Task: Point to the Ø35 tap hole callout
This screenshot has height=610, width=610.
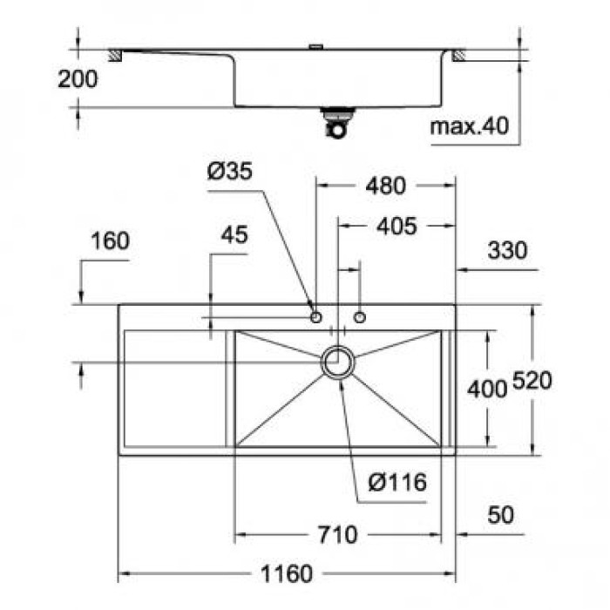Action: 230,172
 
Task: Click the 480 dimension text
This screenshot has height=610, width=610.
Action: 384,186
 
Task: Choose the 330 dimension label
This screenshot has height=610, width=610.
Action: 507,251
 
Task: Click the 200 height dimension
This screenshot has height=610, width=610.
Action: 78,78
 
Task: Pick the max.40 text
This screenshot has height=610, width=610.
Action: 469,126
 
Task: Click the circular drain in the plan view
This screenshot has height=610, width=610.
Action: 338,362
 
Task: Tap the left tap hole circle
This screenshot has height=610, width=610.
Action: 316,315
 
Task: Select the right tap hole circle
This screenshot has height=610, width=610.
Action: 360,315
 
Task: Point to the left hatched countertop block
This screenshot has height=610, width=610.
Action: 112,56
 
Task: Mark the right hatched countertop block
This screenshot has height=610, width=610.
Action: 459,56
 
